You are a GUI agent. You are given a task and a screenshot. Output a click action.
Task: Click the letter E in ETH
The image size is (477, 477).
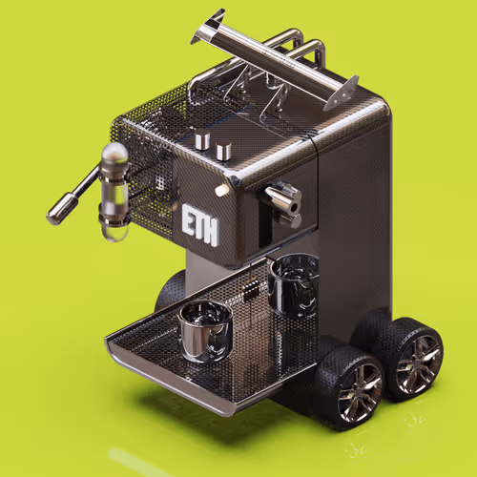[189, 219]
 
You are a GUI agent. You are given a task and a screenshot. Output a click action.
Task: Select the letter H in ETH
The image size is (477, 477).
[211, 232]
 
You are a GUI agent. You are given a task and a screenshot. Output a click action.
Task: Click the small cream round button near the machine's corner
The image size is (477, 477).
[221, 190]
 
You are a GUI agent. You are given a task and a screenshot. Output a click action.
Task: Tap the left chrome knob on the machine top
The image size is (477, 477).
[202, 139]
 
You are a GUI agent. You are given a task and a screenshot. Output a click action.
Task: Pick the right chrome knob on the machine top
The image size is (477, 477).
[223, 150]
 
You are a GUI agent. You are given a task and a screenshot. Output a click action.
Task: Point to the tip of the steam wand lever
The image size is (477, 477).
[52, 218]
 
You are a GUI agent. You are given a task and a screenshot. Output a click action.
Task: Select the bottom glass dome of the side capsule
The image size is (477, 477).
[115, 231]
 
